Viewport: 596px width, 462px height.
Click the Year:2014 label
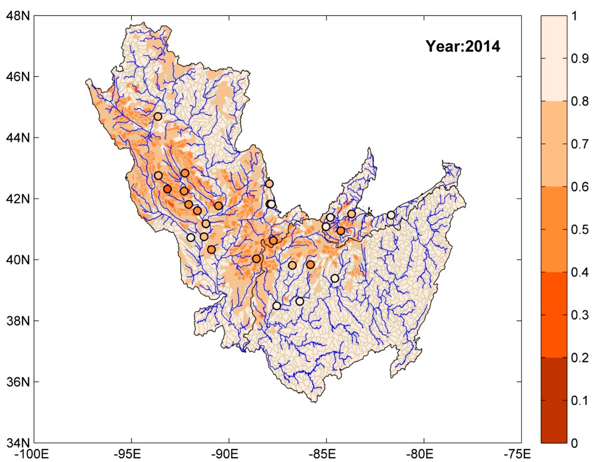click(463, 47)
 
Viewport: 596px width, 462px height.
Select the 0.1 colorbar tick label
click(581, 401)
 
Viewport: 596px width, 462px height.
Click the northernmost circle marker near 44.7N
click(158, 117)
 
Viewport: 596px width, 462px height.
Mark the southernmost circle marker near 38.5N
click(277, 306)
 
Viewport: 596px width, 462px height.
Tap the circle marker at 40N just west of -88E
click(256, 259)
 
